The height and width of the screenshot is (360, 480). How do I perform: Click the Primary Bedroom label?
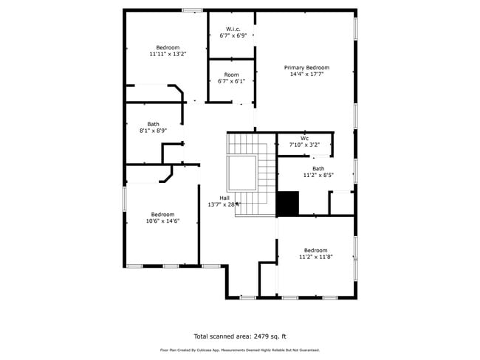pyautogui.click(x=306, y=67)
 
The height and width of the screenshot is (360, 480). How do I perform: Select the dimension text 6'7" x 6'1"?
pyautogui.click(x=231, y=81)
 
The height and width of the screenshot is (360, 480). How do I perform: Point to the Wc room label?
pyautogui.click(x=304, y=138)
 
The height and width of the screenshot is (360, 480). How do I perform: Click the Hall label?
pyautogui.click(x=224, y=197)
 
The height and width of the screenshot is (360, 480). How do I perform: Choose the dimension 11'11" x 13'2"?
pyautogui.click(x=168, y=54)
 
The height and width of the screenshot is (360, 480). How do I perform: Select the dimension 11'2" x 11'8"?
pyautogui.click(x=315, y=257)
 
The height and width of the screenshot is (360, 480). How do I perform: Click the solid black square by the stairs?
pyautogui.click(x=287, y=204)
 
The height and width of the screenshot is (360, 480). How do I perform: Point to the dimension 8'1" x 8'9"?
pyautogui.click(x=153, y=131)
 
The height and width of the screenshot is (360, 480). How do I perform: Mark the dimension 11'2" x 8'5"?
pyautogui.click(x=318, y=175)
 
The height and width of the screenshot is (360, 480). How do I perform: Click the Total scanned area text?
pyautogui.click(x=239, y=335)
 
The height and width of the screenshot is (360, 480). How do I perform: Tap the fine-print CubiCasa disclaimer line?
pyautogui.click(x=239, y=350)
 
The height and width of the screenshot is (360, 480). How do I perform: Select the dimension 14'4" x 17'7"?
pyautogui.click(x=306, y=74)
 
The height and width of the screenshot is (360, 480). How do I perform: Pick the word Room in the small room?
pyautogui.click(x=231, y=75)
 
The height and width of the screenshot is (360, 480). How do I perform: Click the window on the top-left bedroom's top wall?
pyautogui.click(x=192, y=10)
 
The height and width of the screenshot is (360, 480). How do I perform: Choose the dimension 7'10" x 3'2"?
pyautogui.click(x=304, y=145)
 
